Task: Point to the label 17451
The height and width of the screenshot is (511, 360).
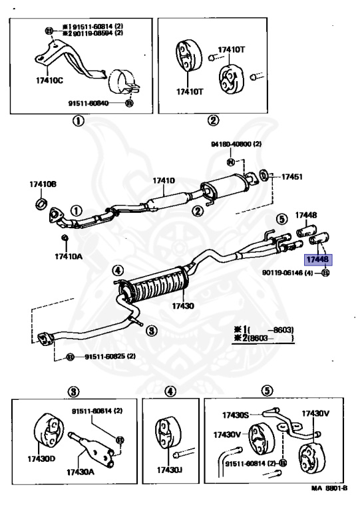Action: [x=291, y=177]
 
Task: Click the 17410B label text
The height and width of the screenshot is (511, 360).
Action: [x=43, y=184]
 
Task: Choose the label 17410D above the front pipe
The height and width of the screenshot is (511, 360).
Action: [x=163, y=180]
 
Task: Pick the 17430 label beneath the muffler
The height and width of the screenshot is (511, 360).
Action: [x=182, y=305]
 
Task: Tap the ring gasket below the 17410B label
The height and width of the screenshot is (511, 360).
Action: [x=41, y=202]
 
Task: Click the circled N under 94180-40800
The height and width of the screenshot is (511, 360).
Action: [x=230, y=162]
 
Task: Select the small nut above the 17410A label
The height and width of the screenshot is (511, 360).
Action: [x=65, y=238]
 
